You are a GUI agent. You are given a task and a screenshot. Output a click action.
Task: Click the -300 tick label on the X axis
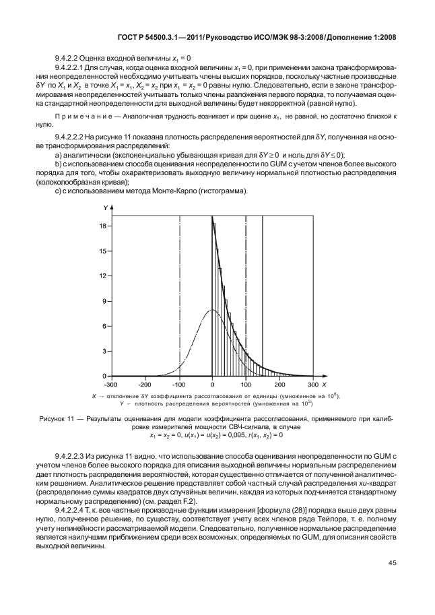coord(111,383)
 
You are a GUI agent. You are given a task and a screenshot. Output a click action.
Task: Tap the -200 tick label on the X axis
coord(145,383)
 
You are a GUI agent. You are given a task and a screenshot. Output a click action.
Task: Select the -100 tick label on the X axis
coord(178,383)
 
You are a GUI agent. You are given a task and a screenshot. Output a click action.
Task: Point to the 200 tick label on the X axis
coord(279,383)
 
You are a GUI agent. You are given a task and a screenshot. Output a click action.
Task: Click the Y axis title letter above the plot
coord(105,207)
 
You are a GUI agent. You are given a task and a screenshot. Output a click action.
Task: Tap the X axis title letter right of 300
coord(323,383)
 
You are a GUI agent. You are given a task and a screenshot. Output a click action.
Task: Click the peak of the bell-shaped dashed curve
coord(212,310)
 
